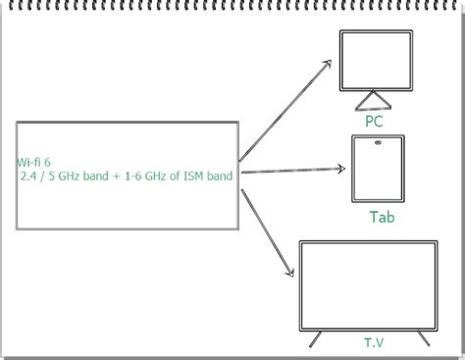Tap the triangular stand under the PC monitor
coord(372,101)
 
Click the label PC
coord(373,122)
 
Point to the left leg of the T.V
coord(315,339)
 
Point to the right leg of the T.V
coord(424,339)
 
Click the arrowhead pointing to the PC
coord(327,66)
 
